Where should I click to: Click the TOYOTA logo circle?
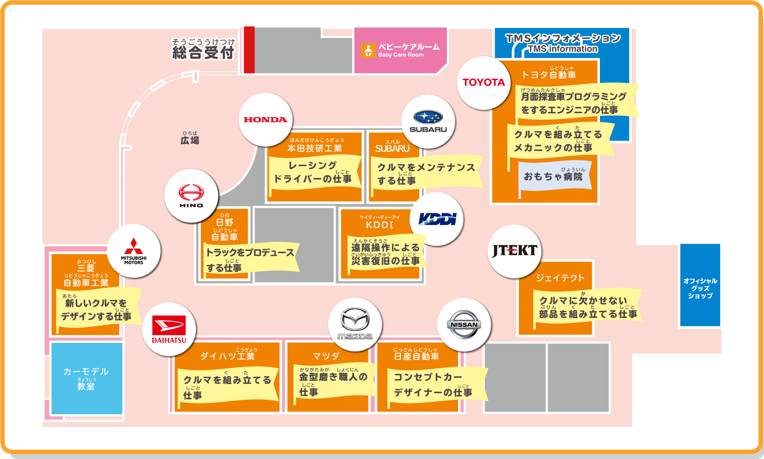(484, 83)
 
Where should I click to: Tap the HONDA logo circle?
(265, 120)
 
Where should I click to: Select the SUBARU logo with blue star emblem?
(428, 122)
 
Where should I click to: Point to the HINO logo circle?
(191, 196)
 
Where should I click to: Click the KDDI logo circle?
(437, 219)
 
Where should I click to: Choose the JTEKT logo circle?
(514, 251)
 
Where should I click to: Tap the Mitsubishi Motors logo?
(134, 251)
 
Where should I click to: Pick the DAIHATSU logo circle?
(169, 329)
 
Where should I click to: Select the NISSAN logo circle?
(464, 324)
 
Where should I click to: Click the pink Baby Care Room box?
(400, 51)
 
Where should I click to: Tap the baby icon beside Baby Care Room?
(368, 51)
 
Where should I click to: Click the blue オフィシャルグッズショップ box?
(700, 285)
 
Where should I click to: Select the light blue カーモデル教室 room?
(87, 378)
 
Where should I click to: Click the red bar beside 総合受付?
(249, 50)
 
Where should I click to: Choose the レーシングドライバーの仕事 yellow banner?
(313, 172)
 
